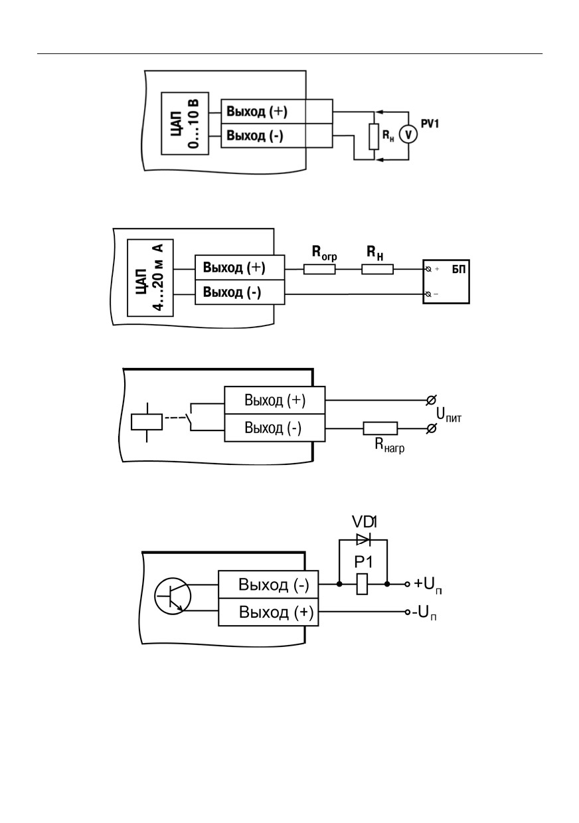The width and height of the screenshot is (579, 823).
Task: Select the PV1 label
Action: pyautogui.click(x=430, y=124)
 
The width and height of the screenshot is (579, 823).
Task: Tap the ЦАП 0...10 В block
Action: pyautogui.click(x=185, y=123)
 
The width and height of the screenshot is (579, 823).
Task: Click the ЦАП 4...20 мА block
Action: pyautogui.click(x=150, y=278)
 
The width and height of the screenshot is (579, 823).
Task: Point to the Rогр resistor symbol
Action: pyautogui.click(x=319, y=269)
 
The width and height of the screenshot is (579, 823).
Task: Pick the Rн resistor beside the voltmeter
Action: pyautogui.click(x=374, y=137)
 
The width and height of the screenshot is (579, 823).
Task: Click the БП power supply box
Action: pyautogui.click(x=446, y=282)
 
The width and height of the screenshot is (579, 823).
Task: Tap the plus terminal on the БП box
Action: pyautogui.click(x=428, y=269)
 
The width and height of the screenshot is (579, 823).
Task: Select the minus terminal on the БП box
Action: pyautogui.click(x=428, y=294)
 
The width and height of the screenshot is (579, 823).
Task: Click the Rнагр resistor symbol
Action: pyautogui.click(x=380, y=428)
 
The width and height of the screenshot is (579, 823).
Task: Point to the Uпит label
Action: pyautogui.click(x=449, y=414)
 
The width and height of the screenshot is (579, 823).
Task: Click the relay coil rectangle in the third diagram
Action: pyautogui.click(x=147, y=422)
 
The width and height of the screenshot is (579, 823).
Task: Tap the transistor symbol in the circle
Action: pyautogui.click(x=173, y=596)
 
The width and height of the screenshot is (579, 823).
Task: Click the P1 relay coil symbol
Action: pyautogui.click(x=363, y=584)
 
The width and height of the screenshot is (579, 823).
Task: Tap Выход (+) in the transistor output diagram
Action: pyautogui.click(x=276, y=612)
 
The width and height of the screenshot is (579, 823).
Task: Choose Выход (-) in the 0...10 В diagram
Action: pyautogui.click(x=255, y=136)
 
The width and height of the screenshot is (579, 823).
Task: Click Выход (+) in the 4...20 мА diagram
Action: pyautogui.click(x=234, y=268)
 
